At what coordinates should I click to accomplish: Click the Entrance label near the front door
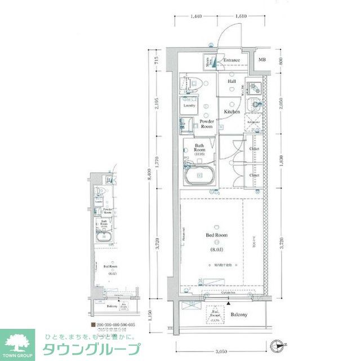(x=231, y=61)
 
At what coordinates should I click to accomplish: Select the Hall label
(x=232, y=82)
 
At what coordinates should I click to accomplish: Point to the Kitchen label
(x=232, y=112)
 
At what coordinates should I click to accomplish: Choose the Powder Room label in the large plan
(x=207, y=124)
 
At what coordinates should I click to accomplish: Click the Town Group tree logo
(x=17, y=342)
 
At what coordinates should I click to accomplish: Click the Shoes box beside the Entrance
(x=208, y=62)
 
